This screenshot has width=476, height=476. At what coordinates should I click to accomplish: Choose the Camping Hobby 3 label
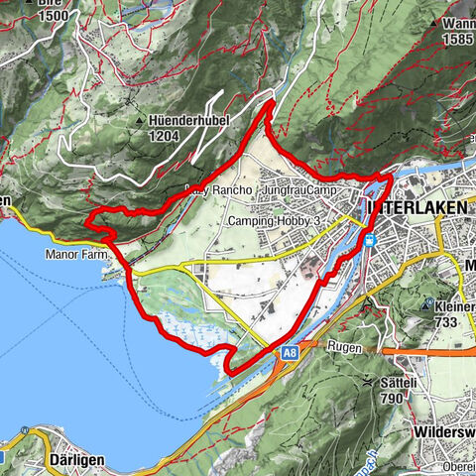275,221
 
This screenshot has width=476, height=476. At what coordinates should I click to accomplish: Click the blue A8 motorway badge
289,352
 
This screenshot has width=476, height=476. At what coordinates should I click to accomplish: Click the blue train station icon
369,240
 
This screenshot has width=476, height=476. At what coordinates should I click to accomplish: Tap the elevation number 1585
458,39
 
